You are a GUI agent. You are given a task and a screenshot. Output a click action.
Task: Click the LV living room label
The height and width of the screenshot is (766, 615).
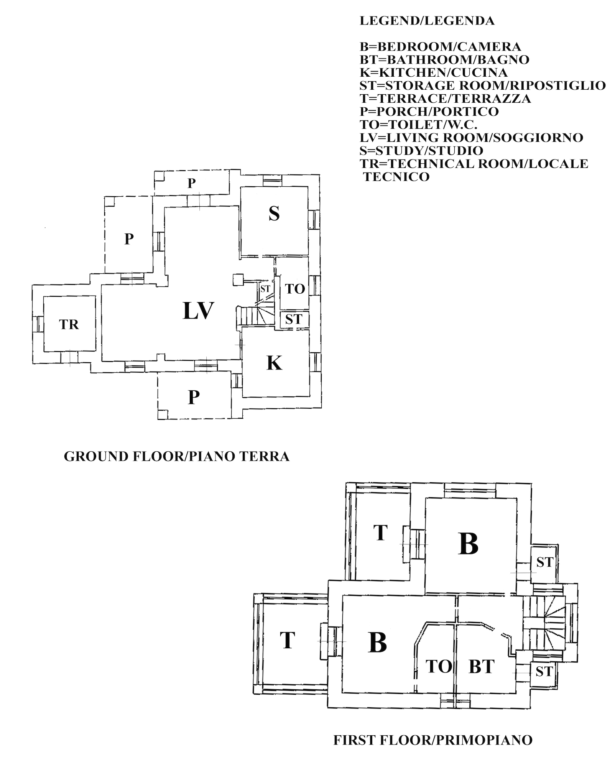[x=198, y=311]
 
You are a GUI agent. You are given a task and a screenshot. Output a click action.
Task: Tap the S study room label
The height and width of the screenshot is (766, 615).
[x=274, y=214]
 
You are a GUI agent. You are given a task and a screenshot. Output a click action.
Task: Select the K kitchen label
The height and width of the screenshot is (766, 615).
[x=275, y=363]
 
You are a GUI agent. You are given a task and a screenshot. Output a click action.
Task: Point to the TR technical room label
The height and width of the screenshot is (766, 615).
[x=69, y=325]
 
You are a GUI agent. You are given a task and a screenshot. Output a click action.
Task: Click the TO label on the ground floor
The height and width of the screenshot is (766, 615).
[x=295, y=289]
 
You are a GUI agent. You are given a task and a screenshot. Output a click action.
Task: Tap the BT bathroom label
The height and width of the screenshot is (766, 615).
[x=482, y=667]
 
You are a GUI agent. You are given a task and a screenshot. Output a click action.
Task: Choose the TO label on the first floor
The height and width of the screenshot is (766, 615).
[x=439, y=667]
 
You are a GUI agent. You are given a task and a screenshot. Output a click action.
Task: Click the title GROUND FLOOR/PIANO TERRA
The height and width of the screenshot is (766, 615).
[x=176, y=457]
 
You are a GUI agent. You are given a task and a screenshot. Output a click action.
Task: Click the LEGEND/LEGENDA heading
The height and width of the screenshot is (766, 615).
[x=427, y=21]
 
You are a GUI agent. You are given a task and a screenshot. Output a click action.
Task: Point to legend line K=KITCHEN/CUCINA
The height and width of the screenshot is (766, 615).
[x=433, y=72]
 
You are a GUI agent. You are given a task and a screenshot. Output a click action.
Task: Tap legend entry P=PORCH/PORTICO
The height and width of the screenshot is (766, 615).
[x=429, y=112]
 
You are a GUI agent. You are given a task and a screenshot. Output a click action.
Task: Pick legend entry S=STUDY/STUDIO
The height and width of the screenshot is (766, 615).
[x=421, y=151]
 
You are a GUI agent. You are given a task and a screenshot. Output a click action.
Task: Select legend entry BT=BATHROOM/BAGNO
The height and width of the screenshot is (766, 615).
[x=444, y=59]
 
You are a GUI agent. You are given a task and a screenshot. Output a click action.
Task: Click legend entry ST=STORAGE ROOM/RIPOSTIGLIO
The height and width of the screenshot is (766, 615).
[x=482, y=85]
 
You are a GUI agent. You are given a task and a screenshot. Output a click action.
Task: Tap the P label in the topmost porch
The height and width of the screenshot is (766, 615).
[x=191, y=184]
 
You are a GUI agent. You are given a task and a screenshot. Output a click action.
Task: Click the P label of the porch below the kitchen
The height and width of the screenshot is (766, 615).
[x=194, y=398]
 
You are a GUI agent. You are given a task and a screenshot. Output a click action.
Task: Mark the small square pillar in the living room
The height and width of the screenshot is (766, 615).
[x=238, y=279]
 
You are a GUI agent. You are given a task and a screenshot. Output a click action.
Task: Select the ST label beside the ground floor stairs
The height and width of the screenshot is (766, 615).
[x=265, y=289]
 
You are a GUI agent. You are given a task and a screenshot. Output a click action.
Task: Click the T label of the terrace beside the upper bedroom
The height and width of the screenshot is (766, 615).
[x=380, y=533]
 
